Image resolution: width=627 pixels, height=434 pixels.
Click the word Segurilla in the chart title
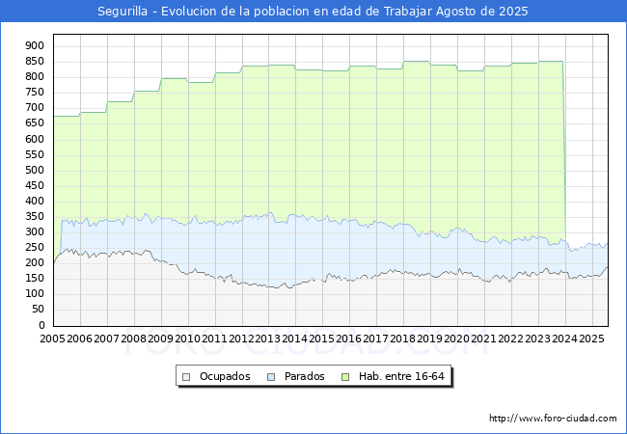click(123, 12)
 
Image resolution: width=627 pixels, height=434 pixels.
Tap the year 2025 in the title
click(513, 12)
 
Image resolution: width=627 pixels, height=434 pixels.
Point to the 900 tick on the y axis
click(35, 45)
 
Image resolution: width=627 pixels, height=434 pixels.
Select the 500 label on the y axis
click(35, 170)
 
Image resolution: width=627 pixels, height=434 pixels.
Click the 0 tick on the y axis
click(41, 325)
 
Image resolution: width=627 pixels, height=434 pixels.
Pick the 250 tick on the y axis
click(35, 247)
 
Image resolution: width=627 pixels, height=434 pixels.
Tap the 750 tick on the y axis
click(35, 92)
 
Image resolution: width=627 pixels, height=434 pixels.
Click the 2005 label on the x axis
click(52, 339)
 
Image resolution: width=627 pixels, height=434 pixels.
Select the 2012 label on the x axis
click(241, 339)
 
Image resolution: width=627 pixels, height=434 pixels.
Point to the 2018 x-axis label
click(403, 339)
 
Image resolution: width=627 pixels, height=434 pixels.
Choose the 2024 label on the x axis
click(565, 339)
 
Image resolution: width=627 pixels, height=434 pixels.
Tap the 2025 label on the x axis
click(591, 339)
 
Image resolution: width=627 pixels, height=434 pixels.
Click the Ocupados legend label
click(225, 376)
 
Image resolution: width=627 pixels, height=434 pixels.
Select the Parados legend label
click(304, 376)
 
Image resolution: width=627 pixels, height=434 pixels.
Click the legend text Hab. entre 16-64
click(401, 376)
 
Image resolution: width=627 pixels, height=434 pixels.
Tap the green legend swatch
click(345, 377)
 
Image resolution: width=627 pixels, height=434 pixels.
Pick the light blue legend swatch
click(271, 377)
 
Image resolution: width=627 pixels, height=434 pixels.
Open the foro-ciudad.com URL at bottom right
click(553, 419)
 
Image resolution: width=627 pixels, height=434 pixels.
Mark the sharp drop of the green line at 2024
click(564, 151)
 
